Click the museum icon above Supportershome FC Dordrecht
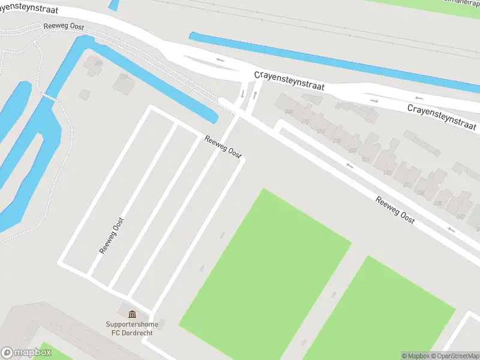coord(132,314)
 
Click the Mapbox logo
coord(26,353)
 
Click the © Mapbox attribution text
coord(415,356)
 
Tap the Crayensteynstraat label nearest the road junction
coord(289,81)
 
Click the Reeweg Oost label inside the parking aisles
coord(112,235)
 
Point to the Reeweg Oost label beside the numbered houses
coord(395,209)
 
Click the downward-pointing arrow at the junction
coord(243,94)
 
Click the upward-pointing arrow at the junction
coord(256,94)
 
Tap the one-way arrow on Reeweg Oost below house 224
coord(350,166)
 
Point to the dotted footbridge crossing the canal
coord(49,96)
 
